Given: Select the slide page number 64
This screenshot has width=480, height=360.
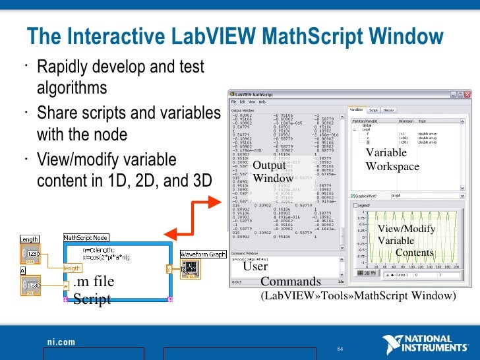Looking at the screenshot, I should tap(341, 348).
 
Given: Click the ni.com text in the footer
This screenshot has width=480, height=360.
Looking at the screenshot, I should tap(61, 342).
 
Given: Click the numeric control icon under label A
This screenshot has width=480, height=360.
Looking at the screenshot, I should tap(30, 285).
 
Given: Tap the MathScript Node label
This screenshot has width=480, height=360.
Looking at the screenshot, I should tap(85, 237).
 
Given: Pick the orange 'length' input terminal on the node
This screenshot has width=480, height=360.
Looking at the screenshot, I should tap(72, 268).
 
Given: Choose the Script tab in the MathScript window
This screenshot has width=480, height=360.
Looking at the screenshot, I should tap(373, 110).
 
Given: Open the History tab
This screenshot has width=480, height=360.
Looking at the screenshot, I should tap(389, 110).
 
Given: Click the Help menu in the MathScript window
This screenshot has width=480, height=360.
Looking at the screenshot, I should tap(262, 102).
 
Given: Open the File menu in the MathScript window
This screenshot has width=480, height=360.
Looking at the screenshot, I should tap(233, 102).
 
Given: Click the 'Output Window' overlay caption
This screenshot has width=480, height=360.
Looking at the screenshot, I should tap(272, 171).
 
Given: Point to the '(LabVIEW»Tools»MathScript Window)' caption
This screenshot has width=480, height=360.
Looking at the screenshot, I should tap(358, 296).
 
